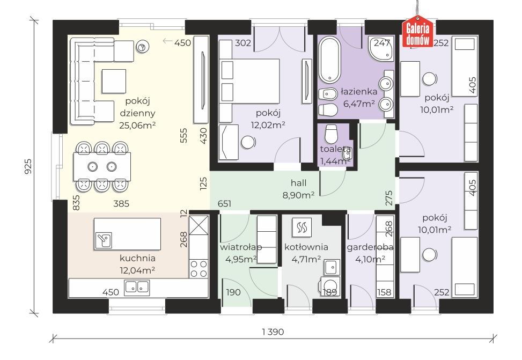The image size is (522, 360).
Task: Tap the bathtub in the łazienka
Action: pos(329,59)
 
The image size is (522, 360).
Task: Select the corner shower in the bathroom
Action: pos(381,48)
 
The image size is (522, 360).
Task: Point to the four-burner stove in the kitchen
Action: pos(198,268)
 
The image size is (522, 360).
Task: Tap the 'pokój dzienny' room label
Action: pos(137,107)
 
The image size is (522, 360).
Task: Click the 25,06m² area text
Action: pos(137,125)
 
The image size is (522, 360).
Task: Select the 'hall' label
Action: pos(298,182)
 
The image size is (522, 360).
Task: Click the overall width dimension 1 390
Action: pos(273,332)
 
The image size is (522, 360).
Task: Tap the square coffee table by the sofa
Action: pos(114,81)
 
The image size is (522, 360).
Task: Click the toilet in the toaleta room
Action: pos(331,134)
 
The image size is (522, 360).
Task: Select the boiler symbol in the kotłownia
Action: pos(302,227)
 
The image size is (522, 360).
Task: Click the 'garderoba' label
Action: pos(370,247)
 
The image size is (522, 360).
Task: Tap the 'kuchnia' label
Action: pos(137,258)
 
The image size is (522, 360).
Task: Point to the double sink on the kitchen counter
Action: pos(137,288)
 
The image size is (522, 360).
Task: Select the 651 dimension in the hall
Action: pos(224,203)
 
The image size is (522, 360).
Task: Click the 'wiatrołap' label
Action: pos(241,247)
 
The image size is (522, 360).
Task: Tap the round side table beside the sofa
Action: pos(142,47)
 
